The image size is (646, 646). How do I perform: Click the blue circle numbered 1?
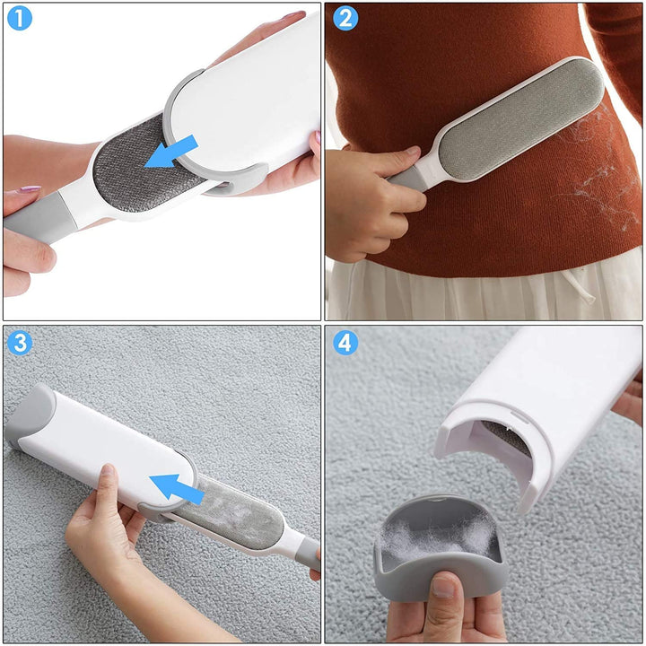pyautogui.click(x=20, y=19)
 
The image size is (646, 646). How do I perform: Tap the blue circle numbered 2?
pyautogui.click(x=345, y=19)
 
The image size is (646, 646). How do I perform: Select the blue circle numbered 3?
pyautogui.click(x=20, y=343)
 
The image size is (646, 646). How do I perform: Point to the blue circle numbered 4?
pyautogui.click(x=345, y=343)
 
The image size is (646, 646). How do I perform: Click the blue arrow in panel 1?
pyautogui.click(x=171, y=152)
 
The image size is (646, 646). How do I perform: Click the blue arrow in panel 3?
pyautogui.click(x=177, y=488)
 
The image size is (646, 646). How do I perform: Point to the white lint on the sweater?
pyautogui.click(x=598, y=173)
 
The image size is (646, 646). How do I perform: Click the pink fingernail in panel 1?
pyautogui.click(x=31, y=188)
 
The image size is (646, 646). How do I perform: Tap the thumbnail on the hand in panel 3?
pyautogui.click(x=108, y=470)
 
